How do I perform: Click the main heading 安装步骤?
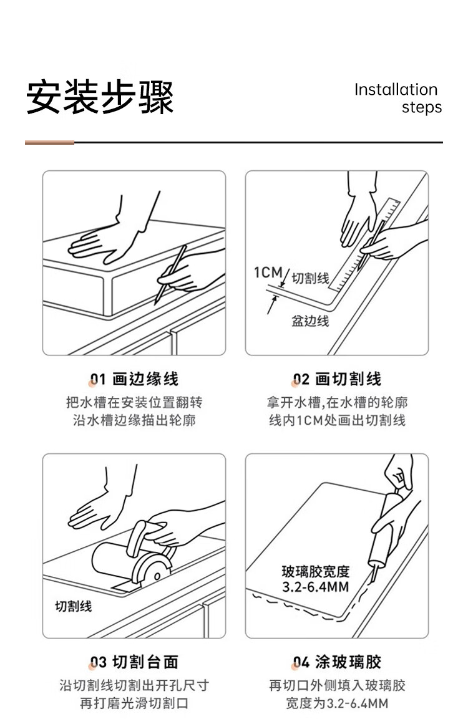tap(100, 97)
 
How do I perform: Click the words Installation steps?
tap(398, 98)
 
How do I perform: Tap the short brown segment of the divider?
tap(49, 143)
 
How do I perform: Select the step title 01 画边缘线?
tap(134, 379)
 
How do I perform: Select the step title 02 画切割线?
tap(337, 379)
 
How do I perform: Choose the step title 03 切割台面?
tap(134, 662)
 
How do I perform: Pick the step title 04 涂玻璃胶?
tap(337, 662)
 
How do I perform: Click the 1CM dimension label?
tap(268, 273)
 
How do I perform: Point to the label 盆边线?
tap(310, 321)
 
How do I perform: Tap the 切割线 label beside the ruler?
tap(311, 278)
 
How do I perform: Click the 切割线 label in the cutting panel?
tap(74, 606)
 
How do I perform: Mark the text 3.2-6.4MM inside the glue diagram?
tap(315, 586)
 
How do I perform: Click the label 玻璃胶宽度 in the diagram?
tap(315, 571)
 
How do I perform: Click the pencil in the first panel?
tap(171, 274)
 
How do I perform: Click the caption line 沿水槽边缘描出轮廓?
tap(134, 420)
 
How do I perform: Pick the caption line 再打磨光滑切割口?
tap(134, 703)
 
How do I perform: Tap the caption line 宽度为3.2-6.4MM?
tap(337, 703)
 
